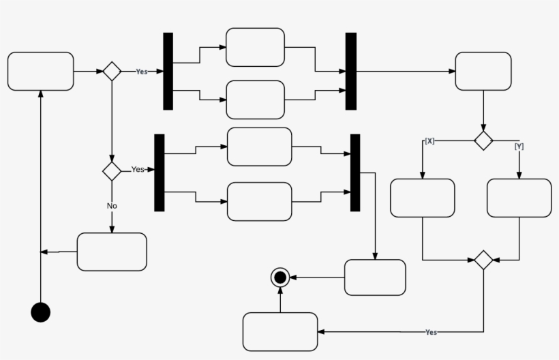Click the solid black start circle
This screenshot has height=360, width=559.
tap(41, 312)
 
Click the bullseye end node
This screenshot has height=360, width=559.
tap(279, 277)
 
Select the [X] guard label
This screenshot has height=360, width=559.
tap(429, 141)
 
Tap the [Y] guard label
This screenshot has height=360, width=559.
tap(519, 146)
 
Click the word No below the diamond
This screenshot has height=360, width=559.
tap(112, 205)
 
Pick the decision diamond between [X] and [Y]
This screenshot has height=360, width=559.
tap(483, 140)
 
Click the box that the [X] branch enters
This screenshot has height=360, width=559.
tap(422, 198)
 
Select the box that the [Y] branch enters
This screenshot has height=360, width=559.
tap(519, 198)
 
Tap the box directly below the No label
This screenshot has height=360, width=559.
tap(112, 252)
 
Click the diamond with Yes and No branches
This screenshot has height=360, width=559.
tap(112, 170)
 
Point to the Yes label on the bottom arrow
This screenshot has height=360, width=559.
tap(431, 332)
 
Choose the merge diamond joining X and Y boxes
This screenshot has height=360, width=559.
tap(483, 260)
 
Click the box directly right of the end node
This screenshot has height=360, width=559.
tap(375, 277)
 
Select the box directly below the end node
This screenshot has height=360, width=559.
tap(280, 331)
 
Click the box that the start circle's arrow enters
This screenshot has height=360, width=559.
tap(41, 71)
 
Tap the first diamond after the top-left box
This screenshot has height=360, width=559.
tap(112, 71)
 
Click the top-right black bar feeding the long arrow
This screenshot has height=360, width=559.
tap(351, 71)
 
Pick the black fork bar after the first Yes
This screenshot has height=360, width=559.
tap(168, 71)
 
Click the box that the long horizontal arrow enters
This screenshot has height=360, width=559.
tap(483, 71)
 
